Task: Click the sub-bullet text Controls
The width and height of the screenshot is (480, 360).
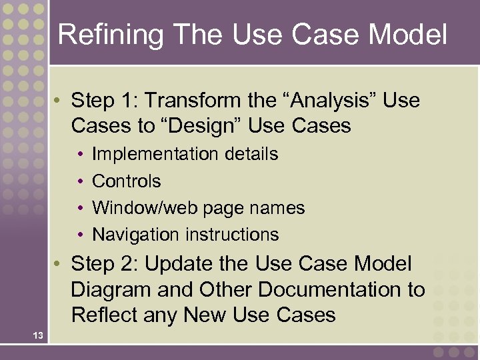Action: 127,181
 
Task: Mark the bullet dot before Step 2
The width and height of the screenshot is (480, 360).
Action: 59,265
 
